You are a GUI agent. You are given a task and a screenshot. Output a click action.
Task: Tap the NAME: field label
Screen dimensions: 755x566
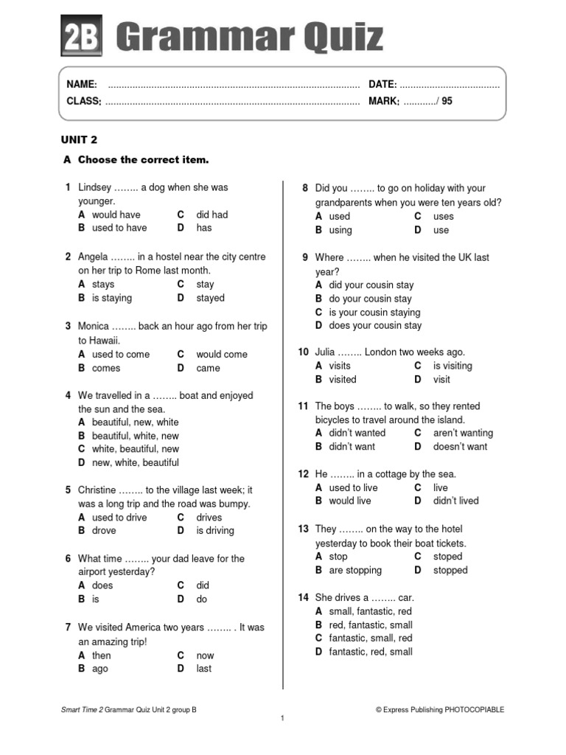(82, 85)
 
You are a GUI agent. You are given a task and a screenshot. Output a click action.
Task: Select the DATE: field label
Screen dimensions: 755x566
(382, 85)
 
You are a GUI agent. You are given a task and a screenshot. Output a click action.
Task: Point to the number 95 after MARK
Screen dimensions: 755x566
(447, 102)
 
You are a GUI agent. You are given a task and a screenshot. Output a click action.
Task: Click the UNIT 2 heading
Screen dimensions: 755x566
(79, 139)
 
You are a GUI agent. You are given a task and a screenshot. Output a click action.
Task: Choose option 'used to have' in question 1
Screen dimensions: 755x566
(119, 228)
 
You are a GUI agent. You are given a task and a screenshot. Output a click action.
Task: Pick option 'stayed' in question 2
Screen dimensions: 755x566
(210, 298)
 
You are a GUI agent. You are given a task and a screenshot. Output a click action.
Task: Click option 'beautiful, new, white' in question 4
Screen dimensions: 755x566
(135, 422)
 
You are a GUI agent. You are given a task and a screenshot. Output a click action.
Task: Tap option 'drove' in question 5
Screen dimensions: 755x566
(104, 530)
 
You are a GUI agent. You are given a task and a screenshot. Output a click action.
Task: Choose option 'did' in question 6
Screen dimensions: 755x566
(203, 585)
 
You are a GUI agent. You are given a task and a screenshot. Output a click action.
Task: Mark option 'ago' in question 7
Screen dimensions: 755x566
(99, 669)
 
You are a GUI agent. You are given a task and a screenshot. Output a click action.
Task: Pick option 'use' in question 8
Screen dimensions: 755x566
(441, 230)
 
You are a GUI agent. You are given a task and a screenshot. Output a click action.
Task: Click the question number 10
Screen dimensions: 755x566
(303, 352)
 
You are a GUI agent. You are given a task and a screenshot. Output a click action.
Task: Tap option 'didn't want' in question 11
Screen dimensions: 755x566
(352, 446)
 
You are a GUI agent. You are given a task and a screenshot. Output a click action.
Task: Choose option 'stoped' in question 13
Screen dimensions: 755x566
(447, 557)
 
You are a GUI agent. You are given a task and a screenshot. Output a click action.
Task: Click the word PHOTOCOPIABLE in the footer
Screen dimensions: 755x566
(475, 709)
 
